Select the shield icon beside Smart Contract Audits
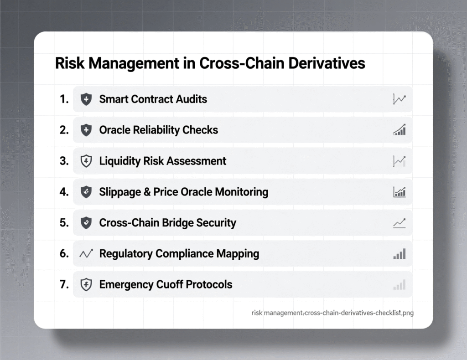click(86, 99)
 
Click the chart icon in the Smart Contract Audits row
click(399, 99)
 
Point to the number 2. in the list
click(64, 130)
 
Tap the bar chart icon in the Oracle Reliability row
click(399, 130)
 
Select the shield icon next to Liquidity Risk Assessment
click(86, 161)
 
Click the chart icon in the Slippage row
click(399, 192)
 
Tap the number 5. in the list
click(64, 223)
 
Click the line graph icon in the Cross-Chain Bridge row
click(399, 223)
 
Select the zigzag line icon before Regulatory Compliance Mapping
click(86, 254)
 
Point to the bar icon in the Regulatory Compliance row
click(399, 254)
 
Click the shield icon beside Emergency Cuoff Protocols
click(86, 285)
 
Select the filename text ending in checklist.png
click(332, 313)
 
